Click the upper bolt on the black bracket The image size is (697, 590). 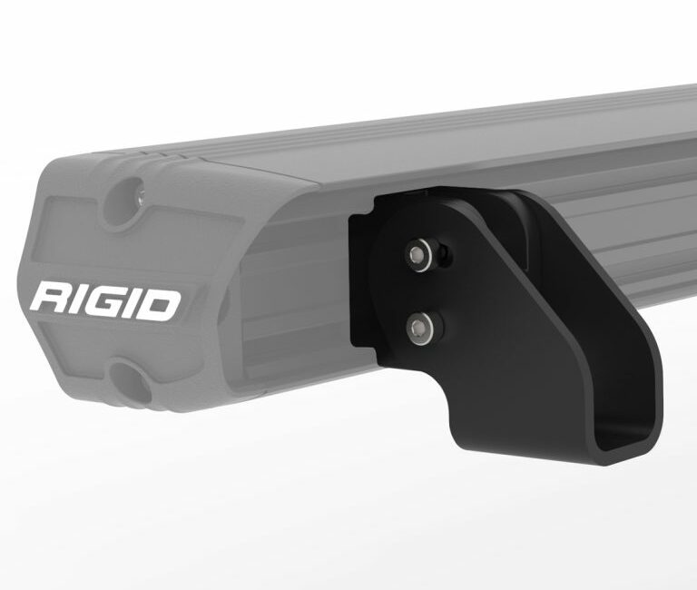pyautogui.click(x=418, y=255)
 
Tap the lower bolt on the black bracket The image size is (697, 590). pyautogui.click(x=419, y=328)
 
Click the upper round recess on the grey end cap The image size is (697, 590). pyautogui.click(x=127, y=199)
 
